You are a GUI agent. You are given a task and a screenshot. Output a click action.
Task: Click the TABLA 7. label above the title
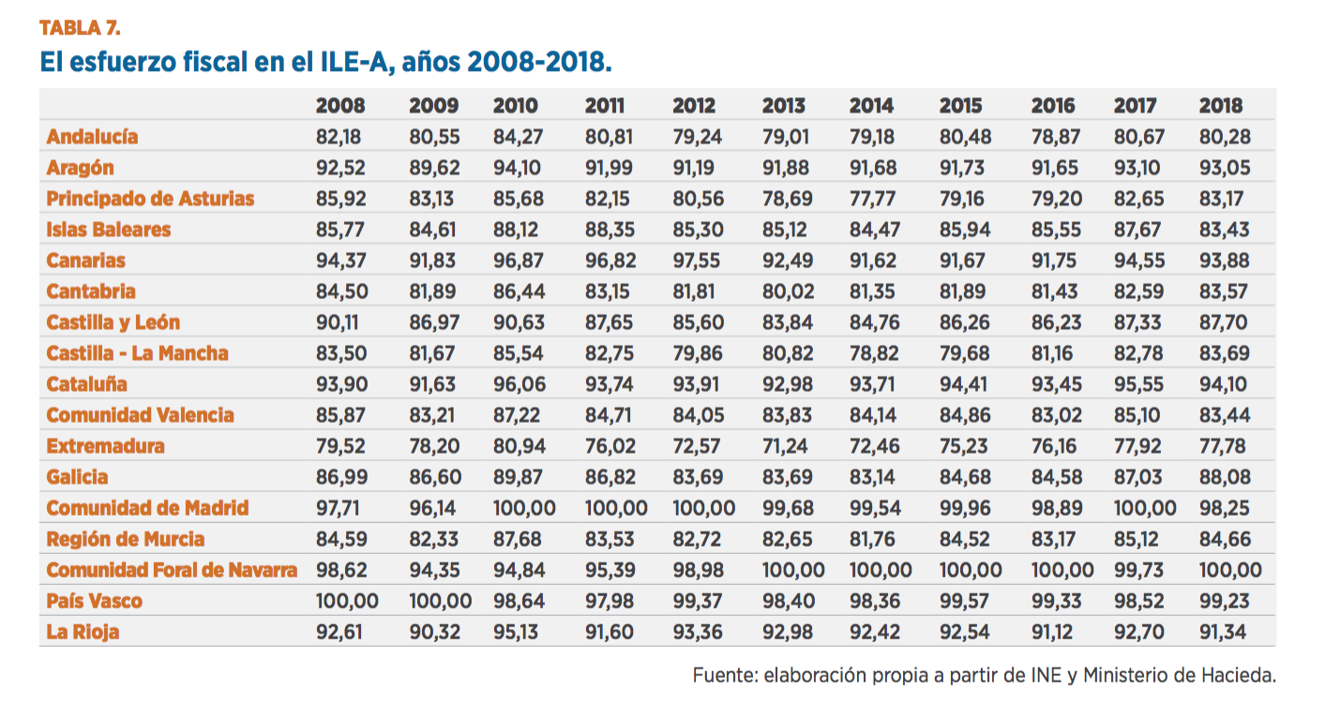[x=79, y=27]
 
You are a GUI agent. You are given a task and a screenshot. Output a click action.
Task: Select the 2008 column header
[x=339, y=106]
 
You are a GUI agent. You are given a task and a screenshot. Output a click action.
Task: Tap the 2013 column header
[x=783, y=106]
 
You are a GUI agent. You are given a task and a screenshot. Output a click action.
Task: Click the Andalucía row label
[x=92, y=137]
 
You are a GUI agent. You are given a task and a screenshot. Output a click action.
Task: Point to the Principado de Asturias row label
[x=150, y=199]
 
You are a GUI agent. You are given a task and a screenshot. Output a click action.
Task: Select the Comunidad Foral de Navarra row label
[x=172, y=570]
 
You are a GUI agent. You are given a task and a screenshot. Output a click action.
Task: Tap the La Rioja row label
[x=83, y=632]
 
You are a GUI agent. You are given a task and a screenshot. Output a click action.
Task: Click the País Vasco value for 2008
[x=346, y=601]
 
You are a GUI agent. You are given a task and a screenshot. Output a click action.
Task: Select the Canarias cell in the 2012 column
[x=697, y=261]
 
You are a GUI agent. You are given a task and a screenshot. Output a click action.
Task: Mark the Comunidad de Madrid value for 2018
[x=1225, y=508]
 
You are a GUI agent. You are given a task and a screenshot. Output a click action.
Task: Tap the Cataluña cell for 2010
[x=517, y=384]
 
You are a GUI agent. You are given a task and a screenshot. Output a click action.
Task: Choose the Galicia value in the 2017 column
[x=1138, y=477]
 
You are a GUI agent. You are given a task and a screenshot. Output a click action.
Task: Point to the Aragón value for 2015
[x=964, y=168]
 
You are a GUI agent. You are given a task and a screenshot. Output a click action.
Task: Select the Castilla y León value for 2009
[x=434, y=322]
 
